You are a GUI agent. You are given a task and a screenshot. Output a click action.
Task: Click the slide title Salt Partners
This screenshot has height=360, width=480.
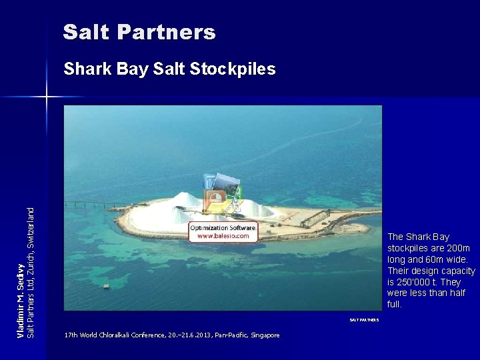[139, 32]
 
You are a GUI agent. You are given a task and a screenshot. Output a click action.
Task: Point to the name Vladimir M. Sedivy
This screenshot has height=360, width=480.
[21, 299]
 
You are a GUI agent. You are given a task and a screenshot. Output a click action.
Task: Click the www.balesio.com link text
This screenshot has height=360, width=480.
[223, 236]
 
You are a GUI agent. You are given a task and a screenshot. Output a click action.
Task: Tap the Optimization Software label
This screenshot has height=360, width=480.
[223, 228]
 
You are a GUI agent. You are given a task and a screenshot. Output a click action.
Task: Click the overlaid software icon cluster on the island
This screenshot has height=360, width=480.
[221, 193]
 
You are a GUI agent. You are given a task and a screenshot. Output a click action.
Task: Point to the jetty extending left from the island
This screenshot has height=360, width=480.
[100, 204]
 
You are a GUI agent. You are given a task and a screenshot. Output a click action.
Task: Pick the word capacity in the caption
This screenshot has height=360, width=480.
[459, 271]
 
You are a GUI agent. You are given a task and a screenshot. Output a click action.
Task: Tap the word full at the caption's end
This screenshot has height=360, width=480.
[395, 305]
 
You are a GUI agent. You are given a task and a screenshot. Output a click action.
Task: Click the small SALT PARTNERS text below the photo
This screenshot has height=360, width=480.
[364, 320]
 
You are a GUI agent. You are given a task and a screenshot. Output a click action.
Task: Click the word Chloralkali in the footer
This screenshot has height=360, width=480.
[116, 335]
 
